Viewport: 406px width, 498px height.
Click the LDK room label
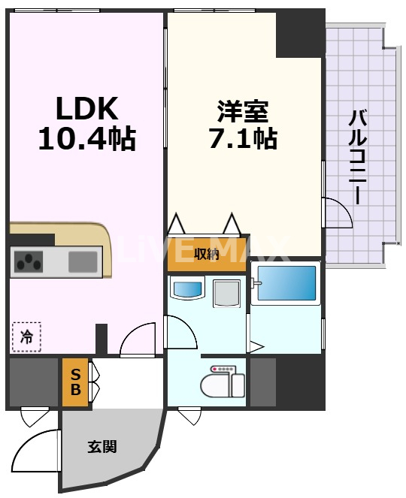click(86, 110)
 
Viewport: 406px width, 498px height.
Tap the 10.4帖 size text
click(86, 140)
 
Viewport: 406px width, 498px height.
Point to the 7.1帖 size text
click(243, 139)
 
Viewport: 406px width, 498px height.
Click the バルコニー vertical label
click(359, 157)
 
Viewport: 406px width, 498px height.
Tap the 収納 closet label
click(207, 254)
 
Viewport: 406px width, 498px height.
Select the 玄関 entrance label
click(102, 447)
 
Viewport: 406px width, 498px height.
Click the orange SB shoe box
click(75, 383)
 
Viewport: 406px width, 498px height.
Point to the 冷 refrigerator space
click(26, 337)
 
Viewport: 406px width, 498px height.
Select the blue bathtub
click(286, 284)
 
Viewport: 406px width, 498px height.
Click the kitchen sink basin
click(83, 262)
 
